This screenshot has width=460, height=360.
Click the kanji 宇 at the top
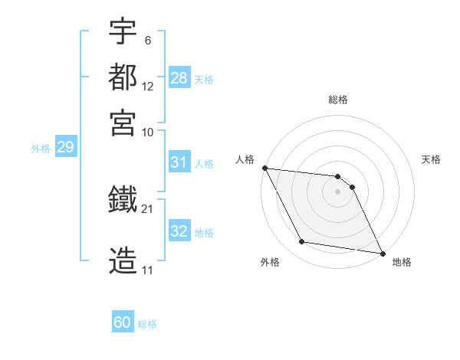click(123, 32)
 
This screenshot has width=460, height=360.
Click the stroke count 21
click(148, 208)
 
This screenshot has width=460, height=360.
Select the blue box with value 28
click(179, 78)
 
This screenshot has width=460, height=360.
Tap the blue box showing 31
click(179, 162)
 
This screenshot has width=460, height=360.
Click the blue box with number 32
click(179, 231)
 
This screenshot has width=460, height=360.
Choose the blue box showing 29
click(65, 147)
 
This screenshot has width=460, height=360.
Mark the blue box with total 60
click(123, 322)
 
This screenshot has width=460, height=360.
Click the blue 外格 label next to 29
click(40, 149)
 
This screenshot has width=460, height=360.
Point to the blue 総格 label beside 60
click(147, 324)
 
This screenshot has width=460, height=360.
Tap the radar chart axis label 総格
click(338, 100)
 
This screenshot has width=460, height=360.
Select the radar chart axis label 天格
click(431, 159)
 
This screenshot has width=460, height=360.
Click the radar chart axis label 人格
click(245, 159)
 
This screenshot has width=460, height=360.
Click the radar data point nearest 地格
click(382, 252)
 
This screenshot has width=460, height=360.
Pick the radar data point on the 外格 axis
click(302, 242)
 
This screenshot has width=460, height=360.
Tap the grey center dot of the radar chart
click(338, 191)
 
